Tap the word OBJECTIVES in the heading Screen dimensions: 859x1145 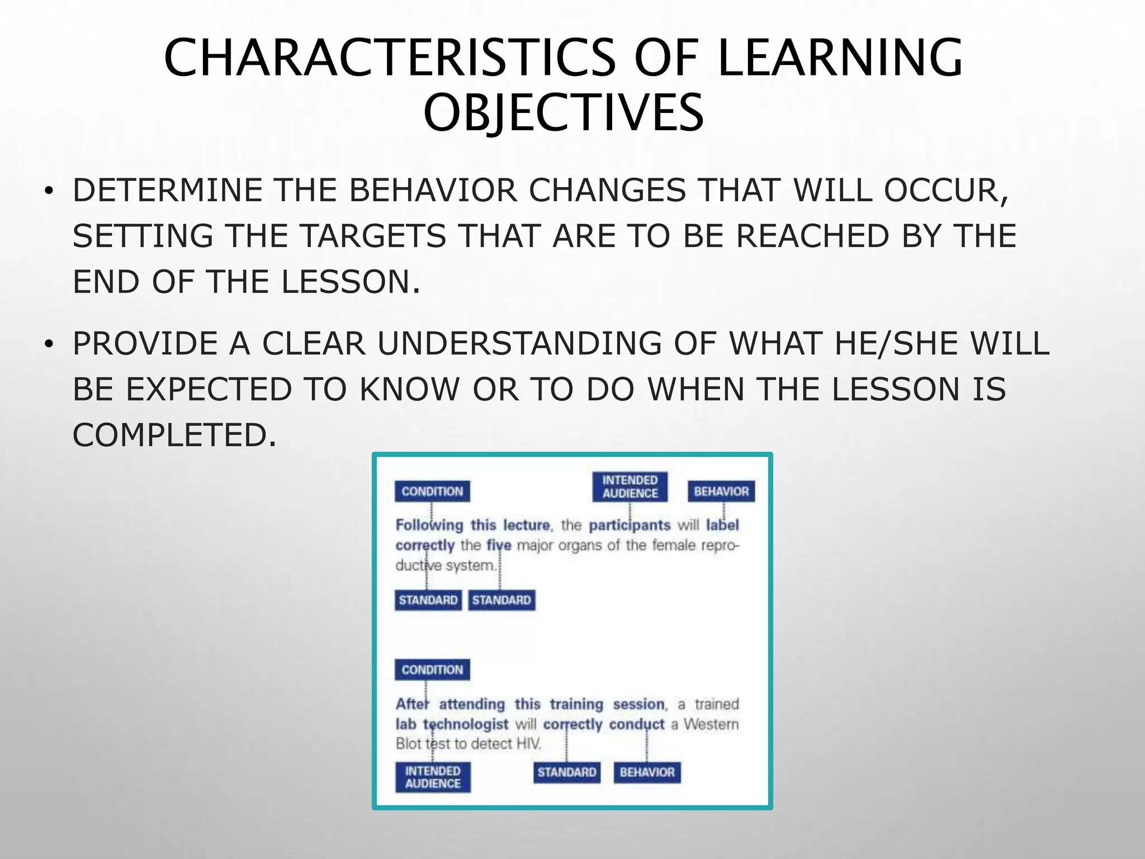[x=563, y=113]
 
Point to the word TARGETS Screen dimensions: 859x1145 [x=373, y=235]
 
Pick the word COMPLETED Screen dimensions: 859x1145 [x=174, y=435]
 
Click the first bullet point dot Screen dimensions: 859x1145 [x=49, y=192]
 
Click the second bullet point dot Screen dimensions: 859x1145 [x=49, y=345]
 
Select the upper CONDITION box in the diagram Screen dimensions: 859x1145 [x=432, y=492]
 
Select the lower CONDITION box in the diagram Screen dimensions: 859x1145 [x=432, y=670]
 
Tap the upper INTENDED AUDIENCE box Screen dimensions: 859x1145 [x=630, y=487]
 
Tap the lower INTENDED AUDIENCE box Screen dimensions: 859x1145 [x=433, y=777]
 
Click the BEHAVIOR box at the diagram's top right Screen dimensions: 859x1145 [x=721, y=492]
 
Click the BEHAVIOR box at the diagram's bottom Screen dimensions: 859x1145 [x=647, y=772]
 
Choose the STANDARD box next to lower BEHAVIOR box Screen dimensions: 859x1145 [x=566, y=772]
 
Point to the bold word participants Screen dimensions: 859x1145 [x=630, y=525]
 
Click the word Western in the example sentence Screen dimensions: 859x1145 [x=711, y=724]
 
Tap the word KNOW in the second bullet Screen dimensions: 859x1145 [x=409, y=389]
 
